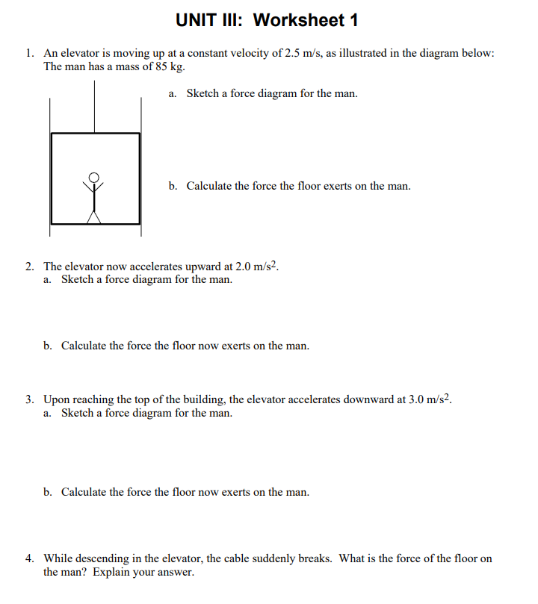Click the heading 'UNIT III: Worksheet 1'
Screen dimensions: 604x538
point(268,20)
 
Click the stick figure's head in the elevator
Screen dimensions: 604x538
point(94,177)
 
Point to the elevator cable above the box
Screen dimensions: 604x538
point(94,105)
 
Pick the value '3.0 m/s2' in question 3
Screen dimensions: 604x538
point(430,399)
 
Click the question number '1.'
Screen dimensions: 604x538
point(29,54)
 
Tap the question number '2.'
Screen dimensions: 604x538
point(29,267)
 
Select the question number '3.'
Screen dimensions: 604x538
point(29,399)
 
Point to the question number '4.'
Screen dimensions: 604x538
point(29,558)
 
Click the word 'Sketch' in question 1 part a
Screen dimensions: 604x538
point(202,94)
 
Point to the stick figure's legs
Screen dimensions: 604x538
point(94,214)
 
